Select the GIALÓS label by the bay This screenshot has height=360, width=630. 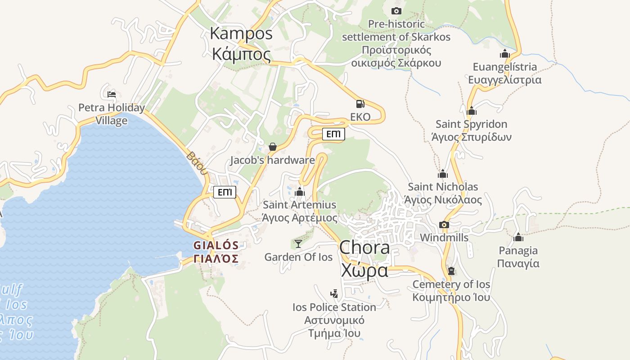[216, 252]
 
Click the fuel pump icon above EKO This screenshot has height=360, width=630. [360, 104]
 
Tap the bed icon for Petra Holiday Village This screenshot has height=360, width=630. [112, 94]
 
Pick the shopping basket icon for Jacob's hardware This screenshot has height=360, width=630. [272, 147]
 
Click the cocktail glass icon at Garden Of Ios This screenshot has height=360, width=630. [298, 244]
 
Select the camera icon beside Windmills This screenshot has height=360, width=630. [444, 225]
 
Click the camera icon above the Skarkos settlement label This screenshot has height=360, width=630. [396, 11]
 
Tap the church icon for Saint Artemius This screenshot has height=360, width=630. [300, 192]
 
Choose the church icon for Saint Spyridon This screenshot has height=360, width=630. [472, 111]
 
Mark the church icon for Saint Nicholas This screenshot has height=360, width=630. [443, 174]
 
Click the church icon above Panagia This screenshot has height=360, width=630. [518, 237]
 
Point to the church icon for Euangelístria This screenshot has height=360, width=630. [504, 54]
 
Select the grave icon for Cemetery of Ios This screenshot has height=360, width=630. [451, 271]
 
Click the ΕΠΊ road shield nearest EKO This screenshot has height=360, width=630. [333, 134]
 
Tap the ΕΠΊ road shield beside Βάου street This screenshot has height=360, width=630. [225, 192]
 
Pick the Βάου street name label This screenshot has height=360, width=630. [197, 163]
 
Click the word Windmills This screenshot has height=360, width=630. [444, 238]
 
